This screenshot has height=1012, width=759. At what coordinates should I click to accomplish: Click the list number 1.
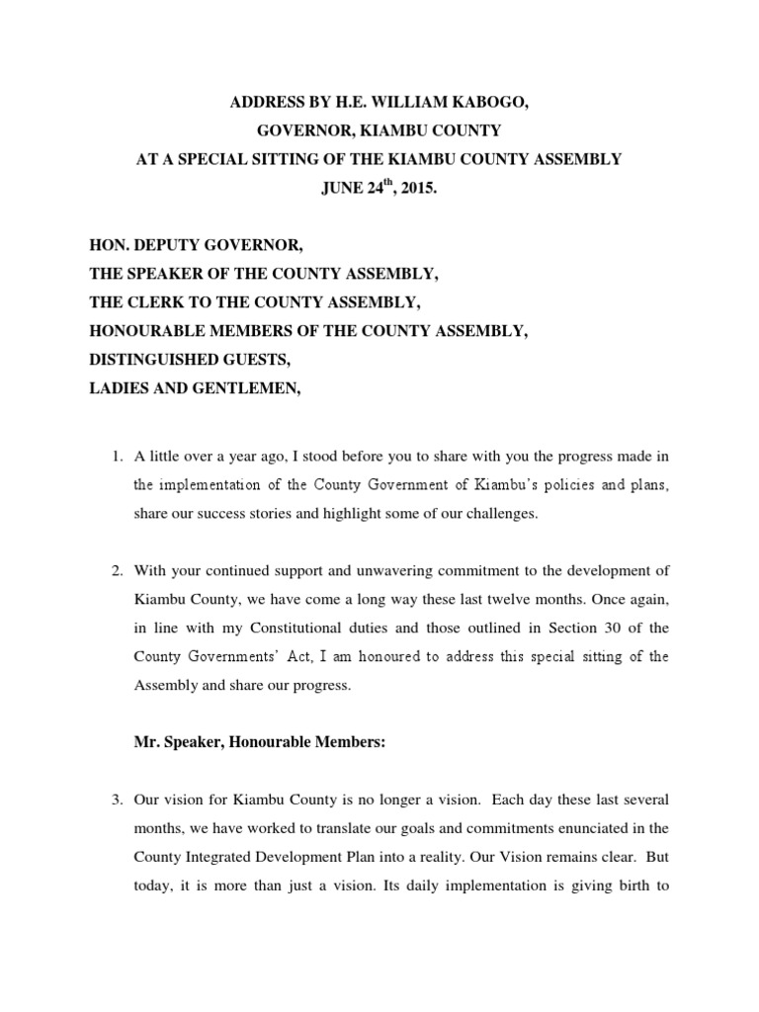point(114,456)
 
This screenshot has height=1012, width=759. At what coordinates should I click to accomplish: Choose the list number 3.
point(114,799)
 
